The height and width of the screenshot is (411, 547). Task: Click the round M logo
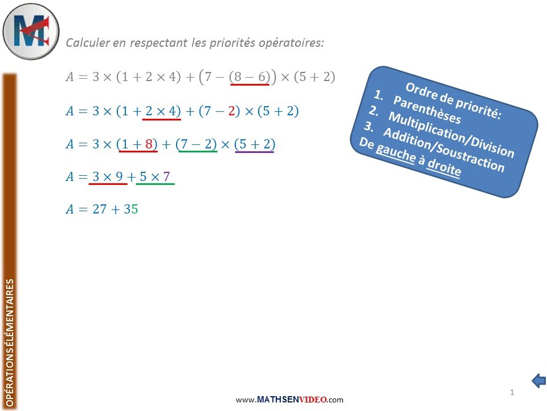(31, 31)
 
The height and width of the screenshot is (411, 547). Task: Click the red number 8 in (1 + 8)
(149, 144)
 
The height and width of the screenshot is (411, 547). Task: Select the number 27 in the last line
(99, 209)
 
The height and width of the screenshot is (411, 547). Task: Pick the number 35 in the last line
(131, 209)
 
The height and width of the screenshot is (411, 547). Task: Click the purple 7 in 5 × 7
(166, 176)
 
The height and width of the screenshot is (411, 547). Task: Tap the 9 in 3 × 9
(119, 176)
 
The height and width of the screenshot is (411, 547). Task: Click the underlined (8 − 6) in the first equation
(250, 77)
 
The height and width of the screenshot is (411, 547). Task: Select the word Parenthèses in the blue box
(427, 110)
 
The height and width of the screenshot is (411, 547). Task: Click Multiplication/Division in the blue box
(451, 134)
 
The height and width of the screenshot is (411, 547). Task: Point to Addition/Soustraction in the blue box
(444, 150)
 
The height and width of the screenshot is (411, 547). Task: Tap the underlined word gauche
(396, 152)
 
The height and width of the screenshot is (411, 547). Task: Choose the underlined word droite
(444, 166)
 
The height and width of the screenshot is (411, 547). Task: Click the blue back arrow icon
(538, 380)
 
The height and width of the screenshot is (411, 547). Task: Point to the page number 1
(512, 392)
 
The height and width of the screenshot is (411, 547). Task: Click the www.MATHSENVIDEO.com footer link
(289, 400)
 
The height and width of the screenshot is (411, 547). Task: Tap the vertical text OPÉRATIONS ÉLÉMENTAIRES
(10, 342)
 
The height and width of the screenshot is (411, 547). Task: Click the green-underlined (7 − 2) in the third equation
(197, 144)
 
